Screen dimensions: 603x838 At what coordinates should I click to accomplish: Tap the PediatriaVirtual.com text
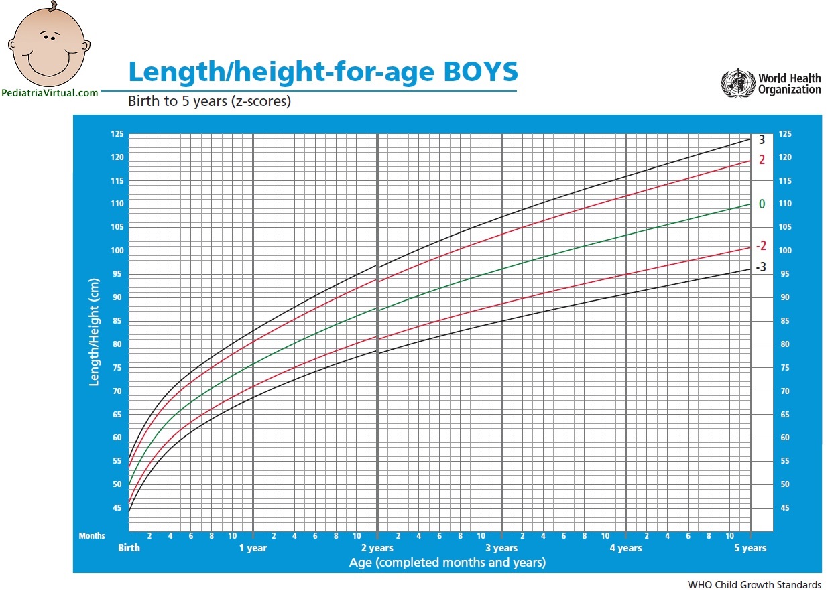[50, 94]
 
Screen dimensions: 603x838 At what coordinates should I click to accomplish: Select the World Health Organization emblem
[737, 84]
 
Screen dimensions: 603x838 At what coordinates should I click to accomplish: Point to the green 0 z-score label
[762, 204]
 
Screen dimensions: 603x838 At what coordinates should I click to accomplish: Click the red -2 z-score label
[761, 246]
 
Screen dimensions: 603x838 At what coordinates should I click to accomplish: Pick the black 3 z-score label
[762, 140]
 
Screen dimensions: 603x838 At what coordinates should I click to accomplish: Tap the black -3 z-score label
[761, 267]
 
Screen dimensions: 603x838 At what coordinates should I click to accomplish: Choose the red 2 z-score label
[762, 159]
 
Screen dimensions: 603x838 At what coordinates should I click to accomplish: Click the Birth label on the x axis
[129, 548]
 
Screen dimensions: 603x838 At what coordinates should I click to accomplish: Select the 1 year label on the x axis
[253, 548]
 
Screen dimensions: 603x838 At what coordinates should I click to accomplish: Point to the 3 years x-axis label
[501, 548]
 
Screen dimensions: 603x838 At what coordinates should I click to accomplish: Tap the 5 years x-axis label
[750, 548]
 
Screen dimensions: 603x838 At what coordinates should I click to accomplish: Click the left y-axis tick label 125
[117, 134]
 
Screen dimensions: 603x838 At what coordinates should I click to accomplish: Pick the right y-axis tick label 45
[785, 508]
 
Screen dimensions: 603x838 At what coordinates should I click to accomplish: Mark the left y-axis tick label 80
[117, 344]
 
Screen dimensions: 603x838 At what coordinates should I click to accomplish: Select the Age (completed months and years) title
[447, 563]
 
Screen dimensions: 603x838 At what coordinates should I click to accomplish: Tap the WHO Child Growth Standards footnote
[754, 585]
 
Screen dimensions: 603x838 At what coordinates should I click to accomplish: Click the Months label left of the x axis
[92, 536]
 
